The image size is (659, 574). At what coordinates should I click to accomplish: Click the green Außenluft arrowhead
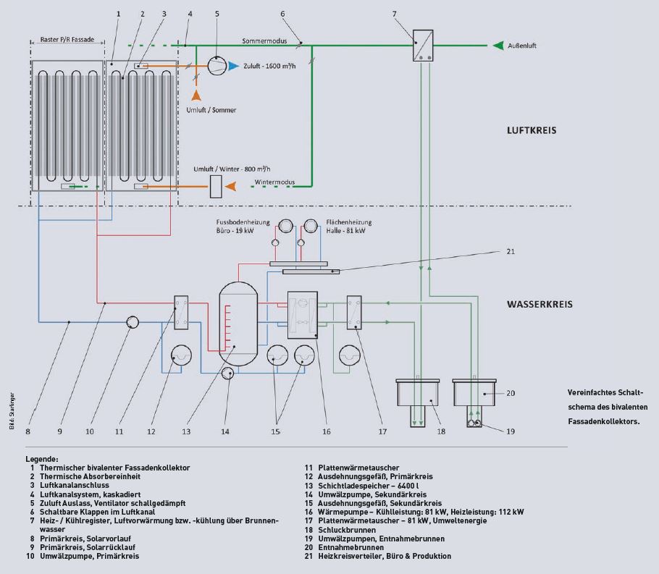[498, 46]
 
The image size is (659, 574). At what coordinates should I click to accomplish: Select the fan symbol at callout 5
[217, 66]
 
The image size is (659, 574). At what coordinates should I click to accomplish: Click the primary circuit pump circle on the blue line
[133, 322]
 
